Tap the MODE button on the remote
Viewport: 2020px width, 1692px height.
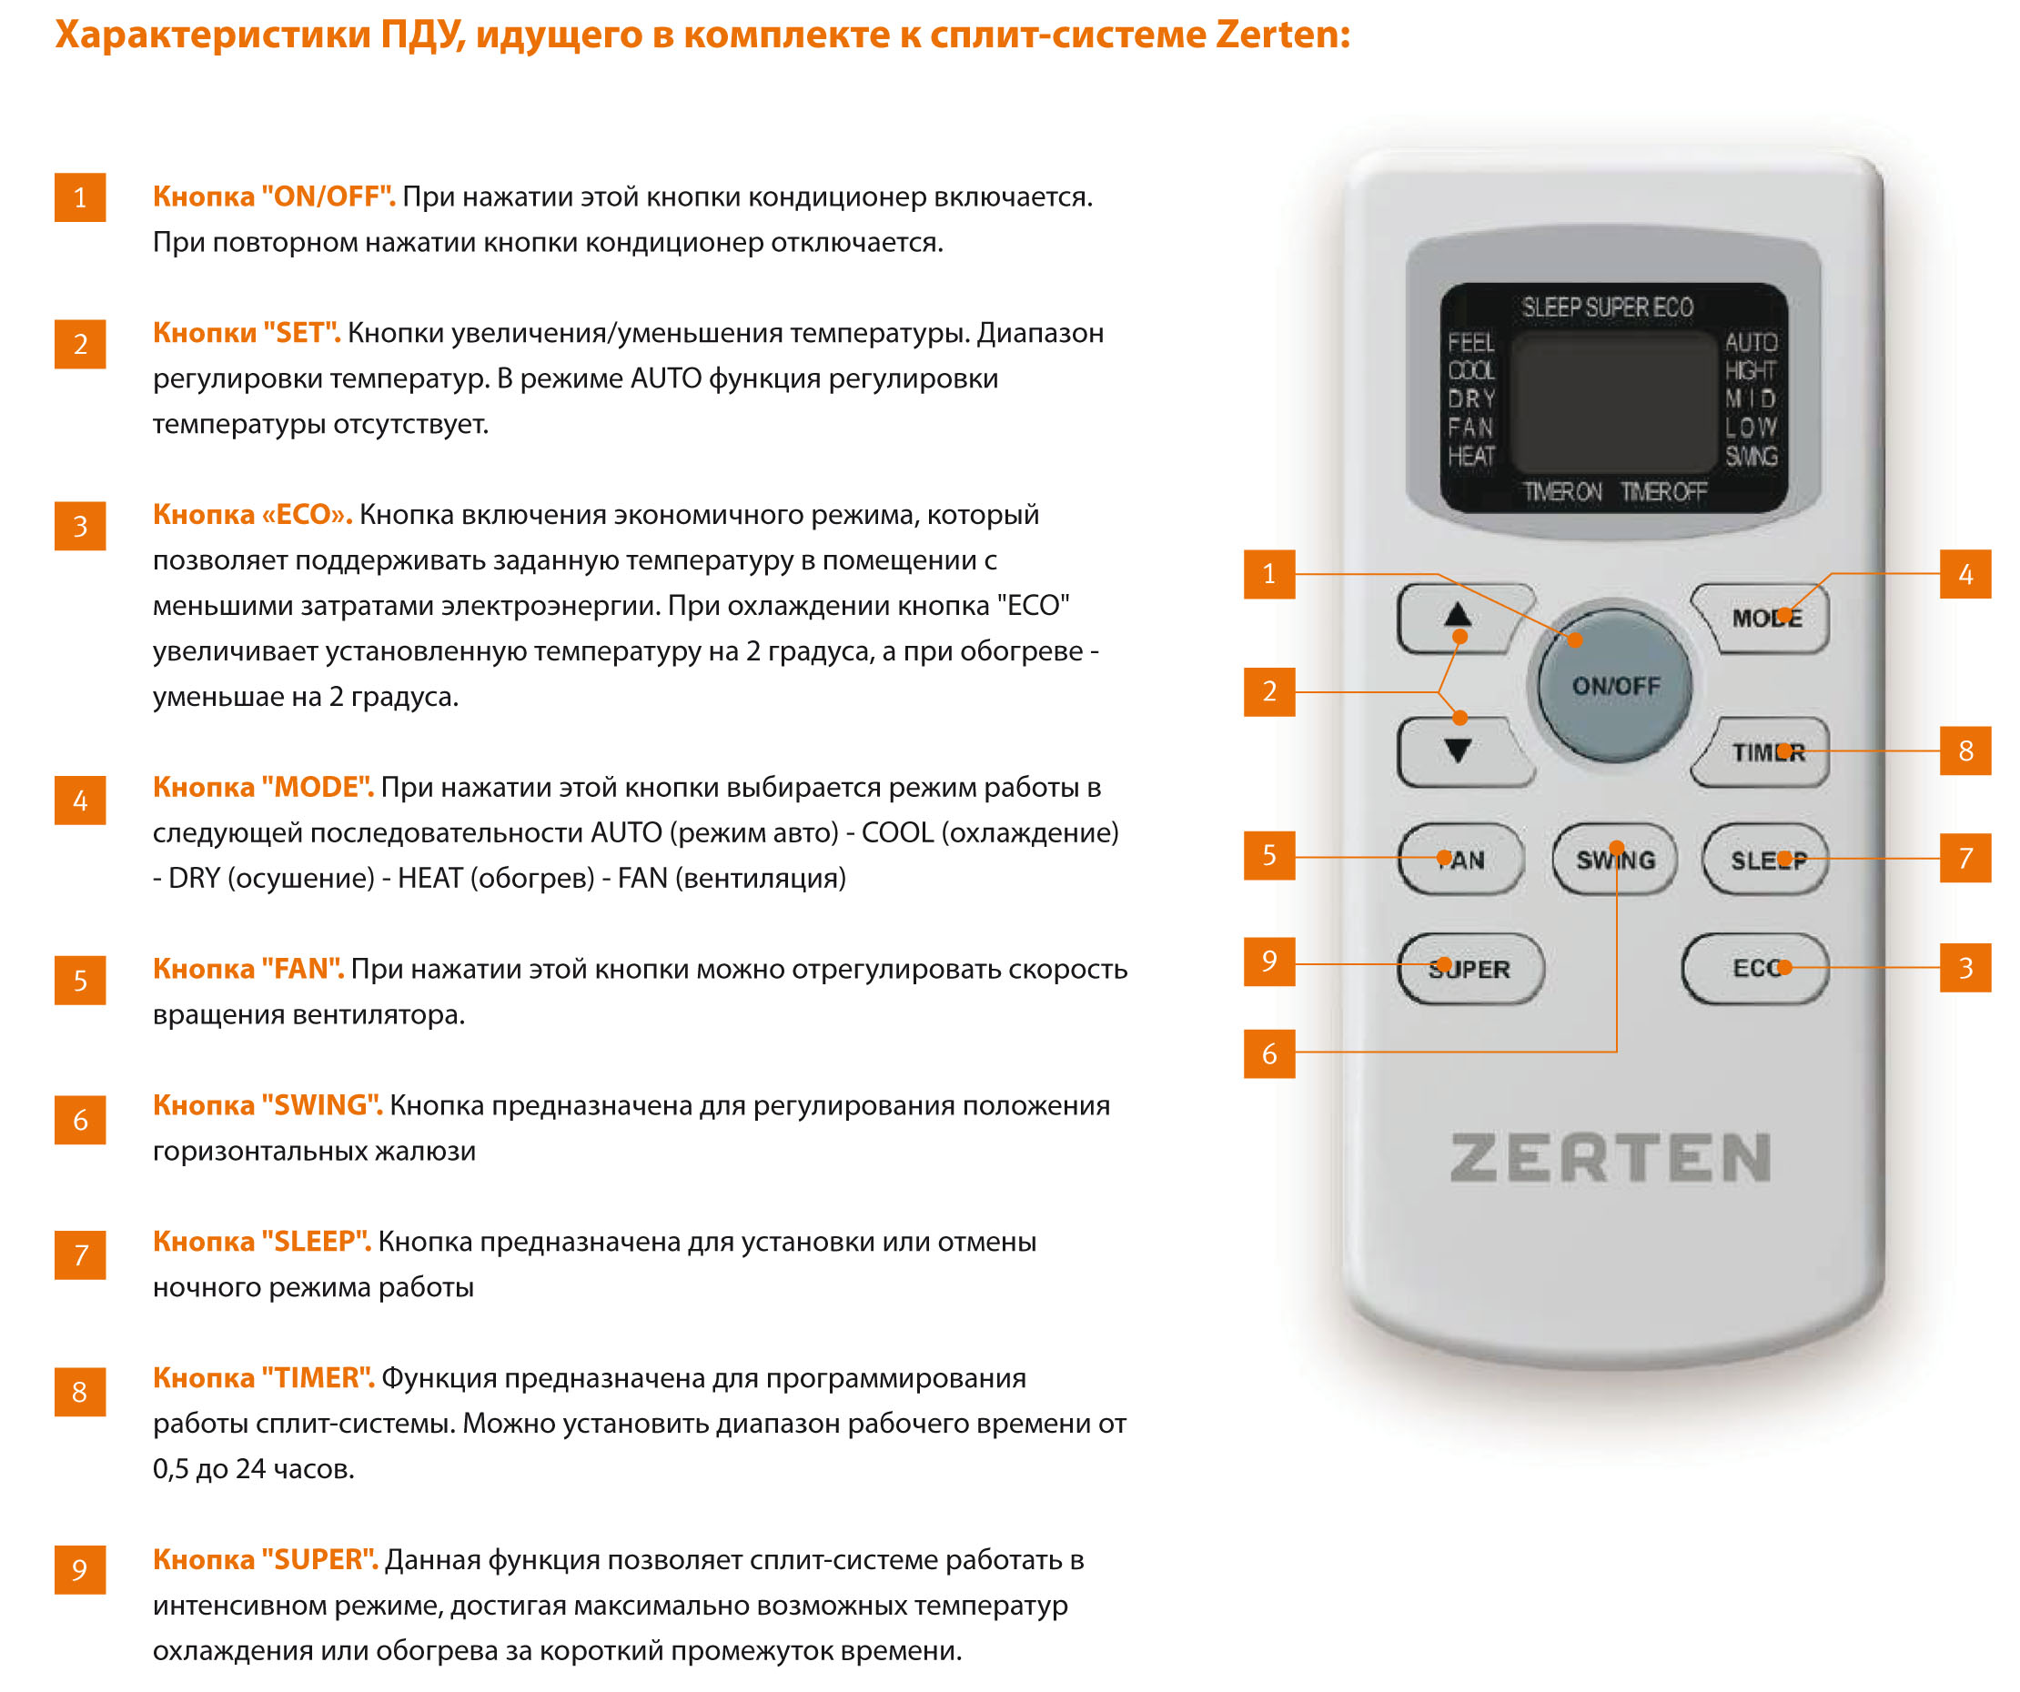click(1762, 619)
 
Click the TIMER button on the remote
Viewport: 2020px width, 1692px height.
click(1762, 752)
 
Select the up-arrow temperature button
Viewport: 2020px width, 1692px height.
click(1462, 619)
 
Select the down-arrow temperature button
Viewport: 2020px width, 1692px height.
click(1462, 752)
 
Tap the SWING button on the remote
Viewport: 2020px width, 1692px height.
click(1615, 859)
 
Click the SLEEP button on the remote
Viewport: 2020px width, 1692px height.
click(1766, 859)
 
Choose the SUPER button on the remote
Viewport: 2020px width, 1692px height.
click(1470, 969)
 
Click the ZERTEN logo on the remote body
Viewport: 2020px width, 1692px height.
click(1611, 1157)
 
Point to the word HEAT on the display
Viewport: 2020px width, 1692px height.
click(1471, 456)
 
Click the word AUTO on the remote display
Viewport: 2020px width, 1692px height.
click(1751, 342)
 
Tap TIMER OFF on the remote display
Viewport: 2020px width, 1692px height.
click(1663, 492)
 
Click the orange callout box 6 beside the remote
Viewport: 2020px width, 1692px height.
click(1268, 1053)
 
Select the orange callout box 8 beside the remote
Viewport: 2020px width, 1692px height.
click(1965, 750)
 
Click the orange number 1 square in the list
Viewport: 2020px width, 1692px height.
click(80, 197)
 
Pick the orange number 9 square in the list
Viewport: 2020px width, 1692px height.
click(80, 1570)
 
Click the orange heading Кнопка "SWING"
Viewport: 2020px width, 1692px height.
click(268, 1105)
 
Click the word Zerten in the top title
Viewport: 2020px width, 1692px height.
click(1282, 35)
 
